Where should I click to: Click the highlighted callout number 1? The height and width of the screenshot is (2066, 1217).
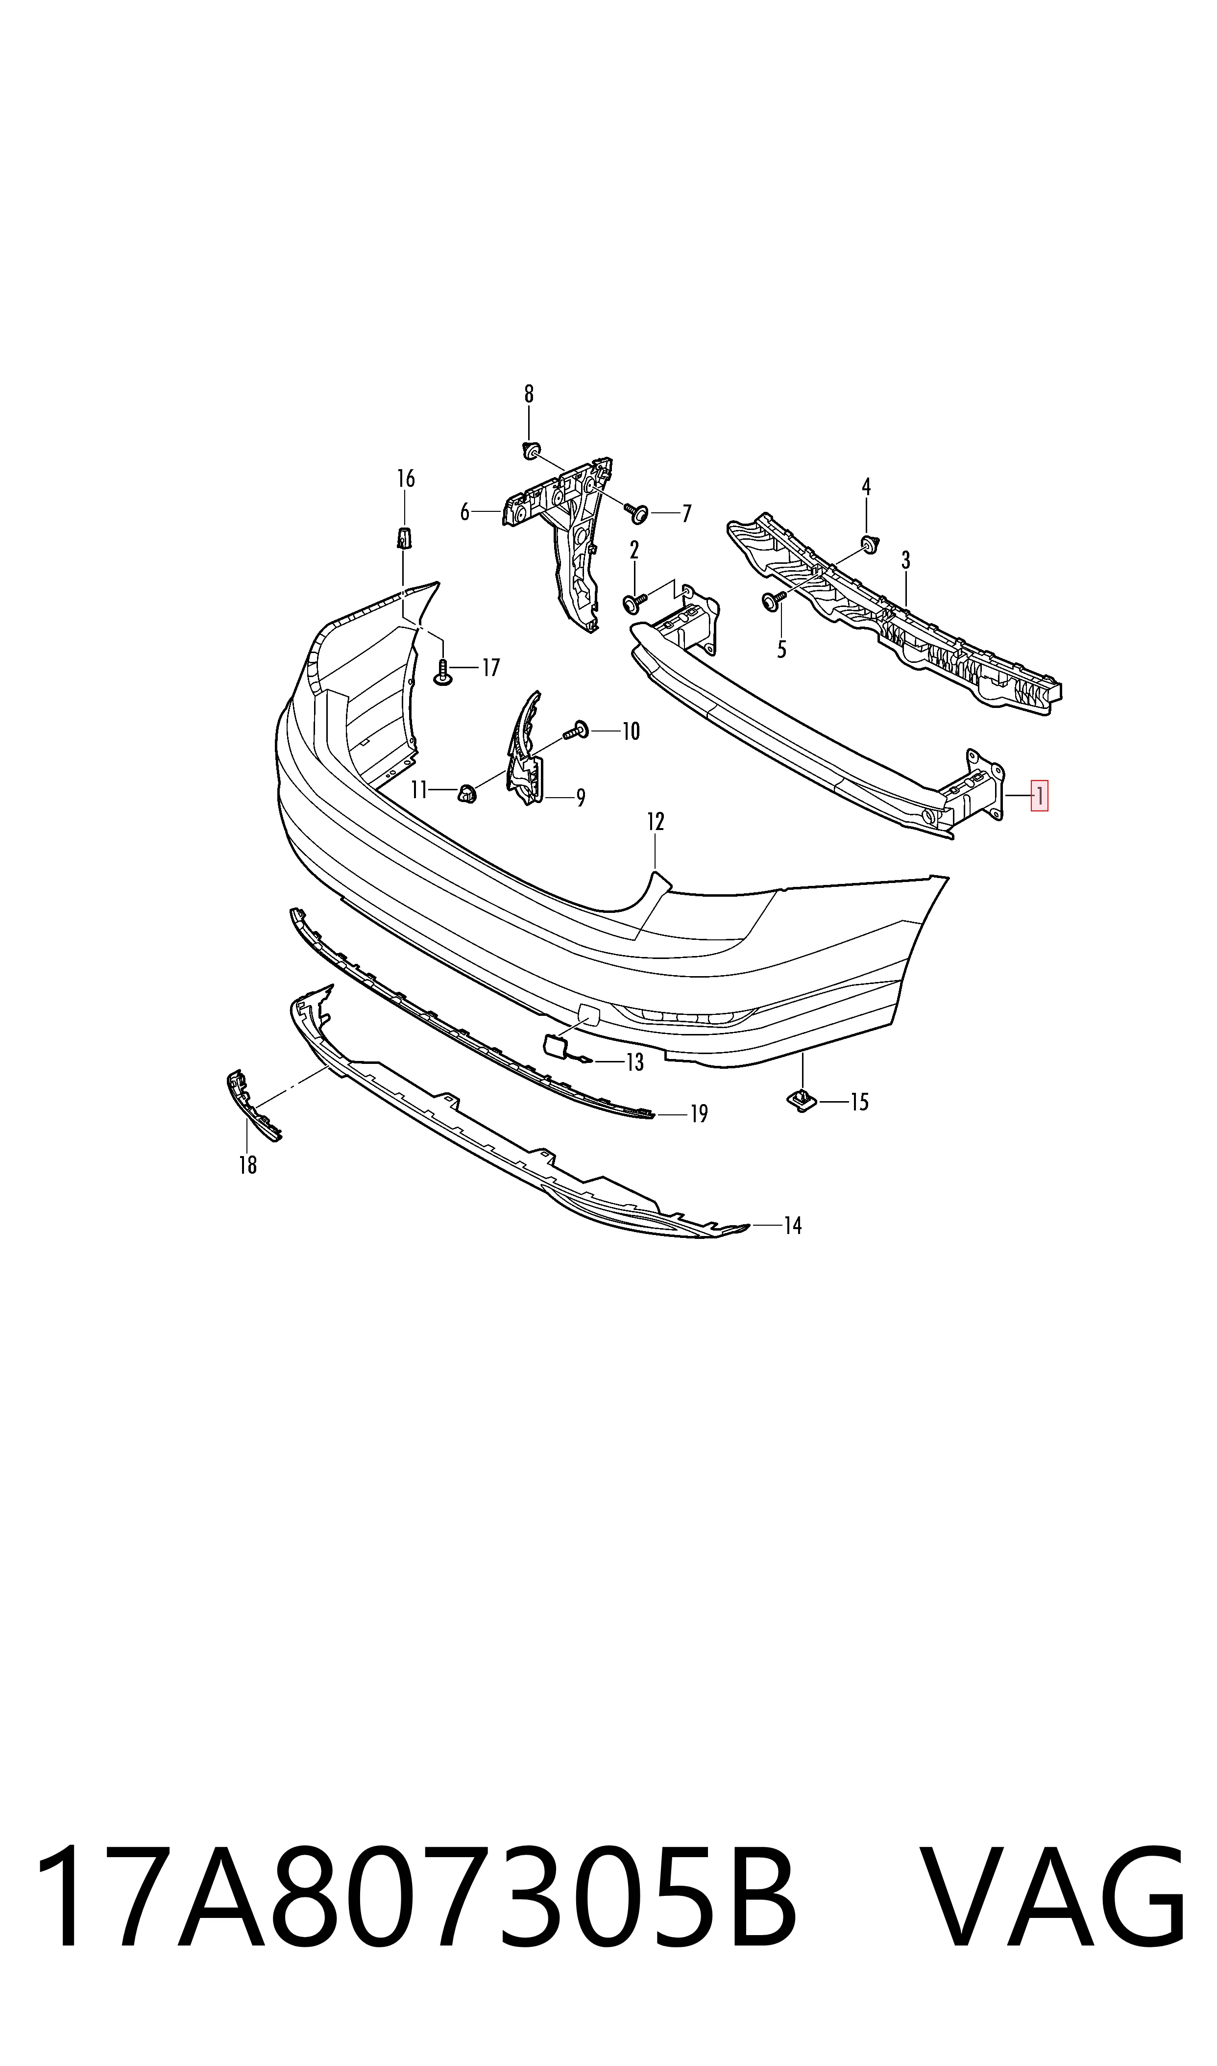click(1039, 795)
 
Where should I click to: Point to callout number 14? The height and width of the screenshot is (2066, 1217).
click(792, 1226)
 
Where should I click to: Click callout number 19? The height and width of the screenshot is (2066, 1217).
click(699, 1113)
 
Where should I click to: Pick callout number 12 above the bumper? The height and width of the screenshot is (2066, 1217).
click(655, 821)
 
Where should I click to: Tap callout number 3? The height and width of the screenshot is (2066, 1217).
click(905, 560)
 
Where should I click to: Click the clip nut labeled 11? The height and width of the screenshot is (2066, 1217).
click(466, 793)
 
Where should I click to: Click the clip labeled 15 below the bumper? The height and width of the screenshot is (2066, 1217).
click(801, 1100)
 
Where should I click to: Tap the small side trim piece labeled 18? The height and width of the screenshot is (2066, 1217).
click(253, 1105)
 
